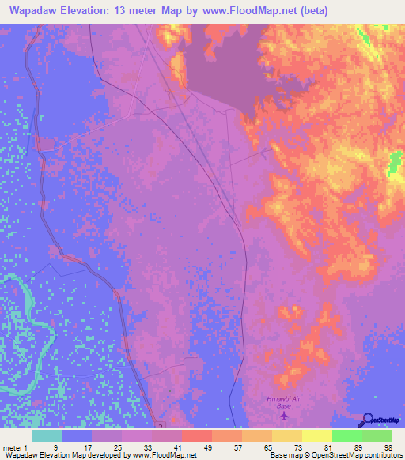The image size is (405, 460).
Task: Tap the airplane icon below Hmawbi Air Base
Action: tap(284, 417)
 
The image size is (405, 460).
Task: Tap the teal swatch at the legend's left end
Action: tap(46, 435)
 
